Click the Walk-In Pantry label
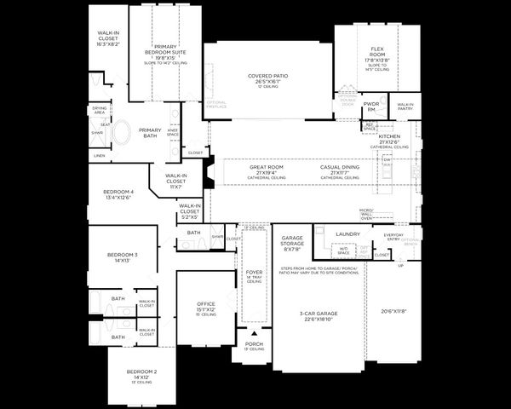pyautogui.click(x=405, y=107)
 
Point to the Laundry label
pyautogui.click(x=347, y=233)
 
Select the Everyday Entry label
pyautogui.click(x=393, y=236)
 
